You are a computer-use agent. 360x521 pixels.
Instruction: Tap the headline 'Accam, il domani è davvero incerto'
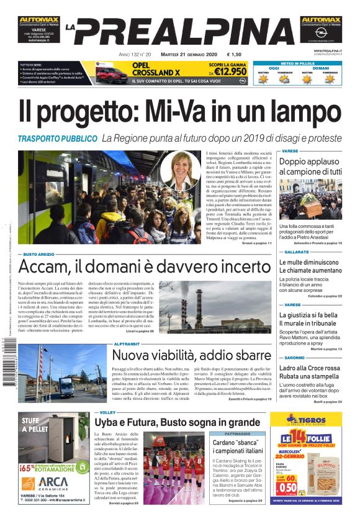click(x=140, y=266)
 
